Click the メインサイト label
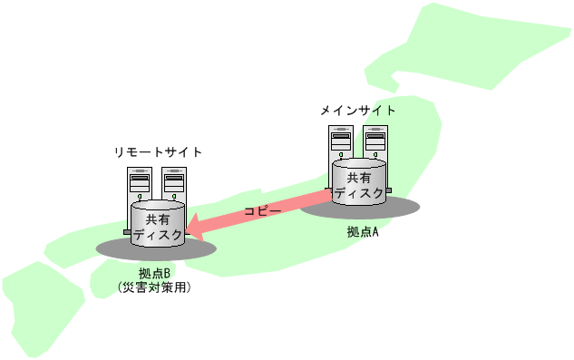[358, 111]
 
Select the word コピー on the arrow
[262, 211]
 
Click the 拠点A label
[362, 232]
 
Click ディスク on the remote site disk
[158, 234]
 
